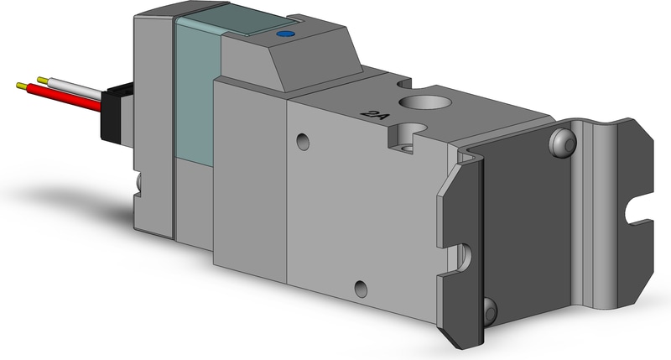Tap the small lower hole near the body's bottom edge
(360, 290)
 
